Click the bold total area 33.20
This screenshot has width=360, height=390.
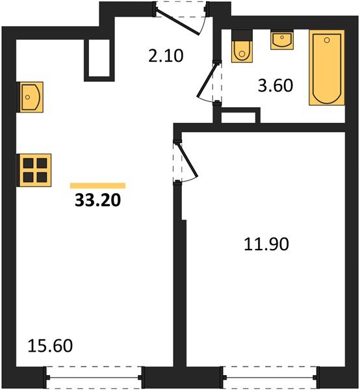tap(97, 200)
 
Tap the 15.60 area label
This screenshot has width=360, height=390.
tap(50, 346)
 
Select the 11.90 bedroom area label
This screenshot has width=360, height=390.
tap(266, 244)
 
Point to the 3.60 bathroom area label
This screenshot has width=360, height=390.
tap(276, 85)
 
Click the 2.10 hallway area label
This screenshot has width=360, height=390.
tap(166, 56)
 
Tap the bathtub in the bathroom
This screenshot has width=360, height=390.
tap(327, 68)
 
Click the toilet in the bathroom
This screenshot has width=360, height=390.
tap(242, 51)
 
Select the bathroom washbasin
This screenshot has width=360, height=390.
tap(282, 40)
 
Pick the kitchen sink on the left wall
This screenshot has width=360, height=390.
tap(30, 97)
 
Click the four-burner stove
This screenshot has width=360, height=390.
tap(34, 170)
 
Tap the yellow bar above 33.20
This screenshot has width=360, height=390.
tap(97, 185)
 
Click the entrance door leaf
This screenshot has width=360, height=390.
tap(177, 21)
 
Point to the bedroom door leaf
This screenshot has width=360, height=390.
tap(188, 159)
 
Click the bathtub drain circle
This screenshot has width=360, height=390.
tap(327, 40)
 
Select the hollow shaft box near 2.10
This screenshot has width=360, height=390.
tap(99, 60)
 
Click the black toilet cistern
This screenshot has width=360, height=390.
tap(242, 35)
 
